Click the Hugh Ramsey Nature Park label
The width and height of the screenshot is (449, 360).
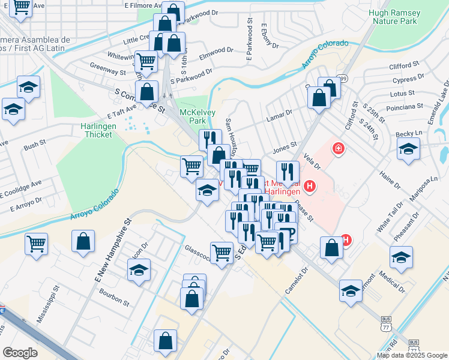tap(394, 16)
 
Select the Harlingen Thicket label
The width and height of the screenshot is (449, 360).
tap(97, 130)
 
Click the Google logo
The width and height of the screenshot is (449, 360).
tap(20, 352)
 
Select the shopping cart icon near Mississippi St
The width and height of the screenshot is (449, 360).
tap(37, 244)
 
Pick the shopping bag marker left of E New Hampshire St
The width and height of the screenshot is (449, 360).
tap(83, 241)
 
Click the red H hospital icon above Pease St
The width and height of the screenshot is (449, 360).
tap(310, 187)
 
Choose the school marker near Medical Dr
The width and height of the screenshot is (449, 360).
tap(401, 257)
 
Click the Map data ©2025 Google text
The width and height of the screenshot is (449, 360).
tap(412, 355)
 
